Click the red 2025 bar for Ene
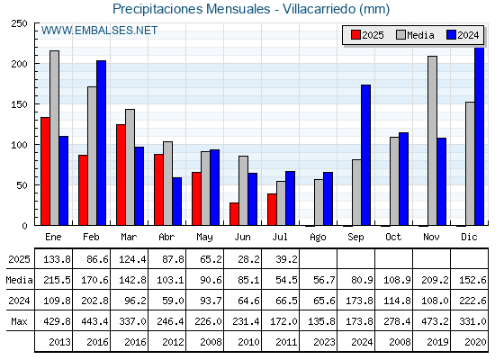pos(45,171)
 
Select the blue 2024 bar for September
pos(365,155)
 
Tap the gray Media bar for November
pos(432,140)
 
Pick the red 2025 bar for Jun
pos(234,214)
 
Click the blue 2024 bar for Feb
pos(101,143)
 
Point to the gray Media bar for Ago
pos(319,202)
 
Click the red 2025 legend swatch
pos(355,35)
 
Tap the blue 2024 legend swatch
pos(451,35)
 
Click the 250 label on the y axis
pos(19,23)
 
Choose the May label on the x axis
pos(205,238)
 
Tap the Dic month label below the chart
pos(469,237)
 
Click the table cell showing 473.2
pos(435,321)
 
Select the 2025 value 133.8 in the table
pos(57,259)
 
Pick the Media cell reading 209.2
pos(435,280)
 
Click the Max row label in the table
pos(19,321)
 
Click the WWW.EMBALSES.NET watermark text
pos(99,31)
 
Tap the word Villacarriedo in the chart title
pos(319,9)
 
